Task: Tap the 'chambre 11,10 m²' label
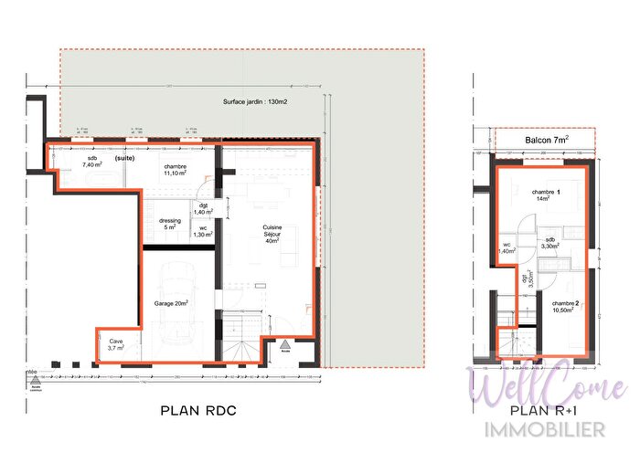[x=176, y=170]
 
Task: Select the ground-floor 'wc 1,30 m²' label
[x=202, y=232]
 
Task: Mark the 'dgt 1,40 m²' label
[x=205, y=208]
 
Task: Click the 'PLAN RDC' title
[x=198, y=410]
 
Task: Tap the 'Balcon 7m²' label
[x=547, y=139]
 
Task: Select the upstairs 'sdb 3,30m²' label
[x=549, y=243]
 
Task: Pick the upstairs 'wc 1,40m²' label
[x=507, y=247]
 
